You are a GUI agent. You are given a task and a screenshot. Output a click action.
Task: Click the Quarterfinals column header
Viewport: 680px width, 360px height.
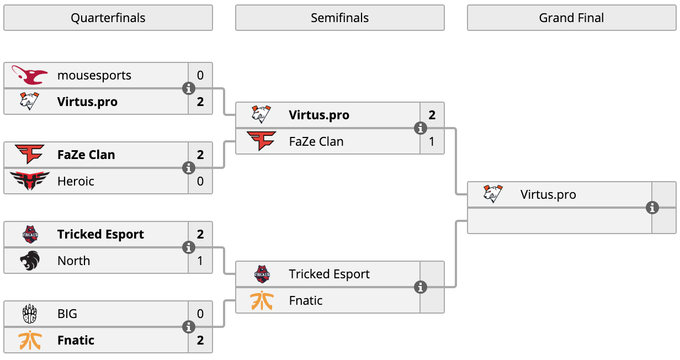click(108, 18)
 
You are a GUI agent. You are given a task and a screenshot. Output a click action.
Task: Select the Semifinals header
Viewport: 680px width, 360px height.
click(339, 18)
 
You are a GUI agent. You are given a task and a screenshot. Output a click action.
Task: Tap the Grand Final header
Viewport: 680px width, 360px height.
click(572, 18)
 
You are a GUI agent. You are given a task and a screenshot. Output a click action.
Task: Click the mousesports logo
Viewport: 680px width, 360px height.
click(30, 75)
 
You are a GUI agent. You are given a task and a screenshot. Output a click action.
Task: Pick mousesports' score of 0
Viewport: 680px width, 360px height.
click(200, 75)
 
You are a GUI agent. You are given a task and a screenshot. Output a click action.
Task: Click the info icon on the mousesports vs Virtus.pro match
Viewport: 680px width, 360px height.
click(189, 89)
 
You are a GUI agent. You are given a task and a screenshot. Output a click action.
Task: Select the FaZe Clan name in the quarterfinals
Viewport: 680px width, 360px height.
click(86, 155)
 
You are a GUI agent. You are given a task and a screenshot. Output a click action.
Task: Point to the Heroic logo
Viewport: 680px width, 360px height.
click(30, 181)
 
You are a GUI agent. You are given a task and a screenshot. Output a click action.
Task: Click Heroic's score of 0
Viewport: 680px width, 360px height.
click(200, 181)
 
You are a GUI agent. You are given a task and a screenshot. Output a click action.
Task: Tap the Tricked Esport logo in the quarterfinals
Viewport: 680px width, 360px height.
click(30, 234)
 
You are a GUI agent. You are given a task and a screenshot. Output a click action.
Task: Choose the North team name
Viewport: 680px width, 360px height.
click(74, 261)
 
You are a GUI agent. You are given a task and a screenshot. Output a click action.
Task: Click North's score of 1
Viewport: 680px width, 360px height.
click(200, 261)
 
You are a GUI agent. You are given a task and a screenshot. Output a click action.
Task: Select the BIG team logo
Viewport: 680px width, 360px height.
click(30, 314)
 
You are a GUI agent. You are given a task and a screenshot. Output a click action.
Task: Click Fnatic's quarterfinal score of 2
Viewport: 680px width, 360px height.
click(200, 340)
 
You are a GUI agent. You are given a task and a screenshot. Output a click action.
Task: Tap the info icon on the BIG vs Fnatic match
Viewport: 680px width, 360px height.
click(189, 327)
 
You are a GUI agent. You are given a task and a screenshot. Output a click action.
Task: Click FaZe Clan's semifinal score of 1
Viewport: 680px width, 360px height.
click(432, 141)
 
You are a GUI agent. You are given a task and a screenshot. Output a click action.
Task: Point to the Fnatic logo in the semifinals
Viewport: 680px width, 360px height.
click(262, 300)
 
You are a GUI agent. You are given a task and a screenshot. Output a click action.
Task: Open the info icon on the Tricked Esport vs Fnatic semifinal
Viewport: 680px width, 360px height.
click(421, 287)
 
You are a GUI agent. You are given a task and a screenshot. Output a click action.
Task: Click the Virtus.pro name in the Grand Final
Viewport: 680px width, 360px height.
click(548, 194)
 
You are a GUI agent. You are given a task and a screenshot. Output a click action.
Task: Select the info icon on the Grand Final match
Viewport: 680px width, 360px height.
click(652, 208)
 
